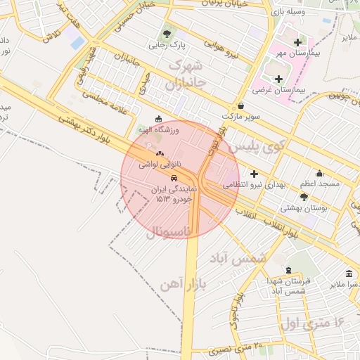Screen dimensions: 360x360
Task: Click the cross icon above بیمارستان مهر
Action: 297,42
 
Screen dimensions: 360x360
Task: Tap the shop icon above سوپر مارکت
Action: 241,105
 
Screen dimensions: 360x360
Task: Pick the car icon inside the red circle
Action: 174,178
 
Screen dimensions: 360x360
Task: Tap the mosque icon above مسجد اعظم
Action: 319,173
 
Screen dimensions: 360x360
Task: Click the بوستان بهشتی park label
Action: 300,207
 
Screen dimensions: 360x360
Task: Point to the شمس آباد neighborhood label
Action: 243,258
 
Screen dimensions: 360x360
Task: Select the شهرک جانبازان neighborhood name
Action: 184,75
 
